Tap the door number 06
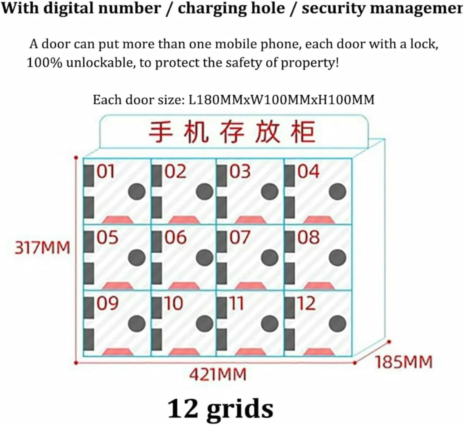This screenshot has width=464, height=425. [175, 238]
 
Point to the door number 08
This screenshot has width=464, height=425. [308, 238]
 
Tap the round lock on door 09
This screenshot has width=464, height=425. [137, 324]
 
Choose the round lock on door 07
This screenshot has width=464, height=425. [270, 258]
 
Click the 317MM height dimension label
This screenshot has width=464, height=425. [43, 248]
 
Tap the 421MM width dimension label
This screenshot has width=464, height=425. [218, 375]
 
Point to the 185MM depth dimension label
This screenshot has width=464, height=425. [404, 362]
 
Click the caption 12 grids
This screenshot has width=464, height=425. [220, 409]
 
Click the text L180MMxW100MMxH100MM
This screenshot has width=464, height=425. [281, 100]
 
